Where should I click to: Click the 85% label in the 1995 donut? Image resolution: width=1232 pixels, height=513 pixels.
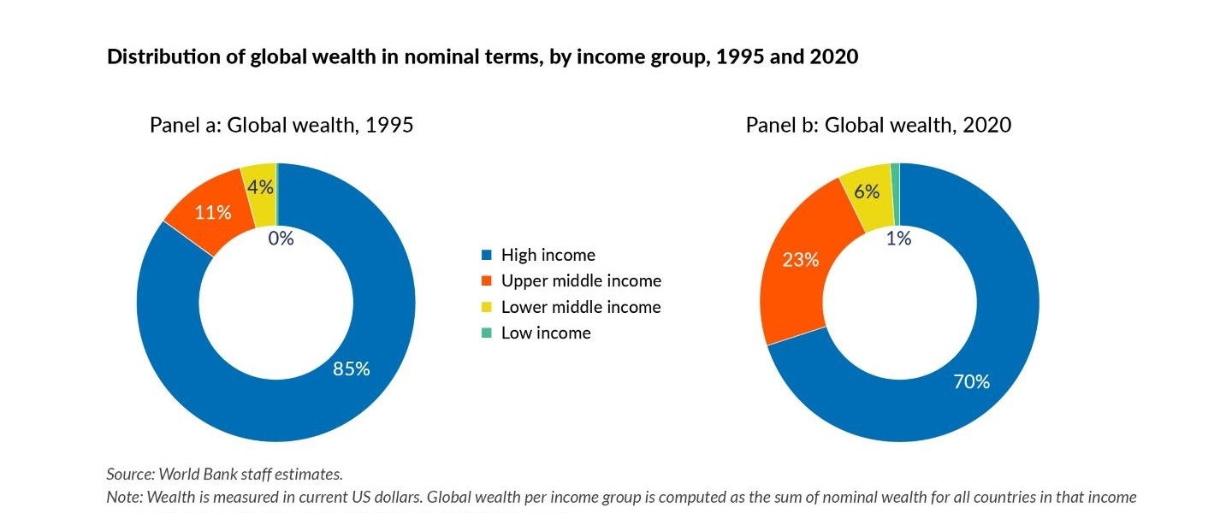[x=351, y=369]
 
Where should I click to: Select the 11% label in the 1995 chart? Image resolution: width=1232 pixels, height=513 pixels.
[x=212, y=212]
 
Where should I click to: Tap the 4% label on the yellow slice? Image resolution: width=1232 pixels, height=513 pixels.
[x=260, y=186]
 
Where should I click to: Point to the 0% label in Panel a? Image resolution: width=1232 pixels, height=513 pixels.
[x=281, y=239]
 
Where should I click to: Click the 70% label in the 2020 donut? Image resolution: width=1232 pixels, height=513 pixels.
[x=971, y=381]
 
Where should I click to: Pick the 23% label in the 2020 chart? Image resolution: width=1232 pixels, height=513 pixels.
[x=800, y=259]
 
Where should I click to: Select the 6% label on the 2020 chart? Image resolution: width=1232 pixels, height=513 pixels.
[x=867, y=192]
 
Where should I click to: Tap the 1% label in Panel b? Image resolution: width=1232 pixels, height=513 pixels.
[x=898, y=239]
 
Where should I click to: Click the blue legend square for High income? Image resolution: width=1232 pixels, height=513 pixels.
[x=487, y=255]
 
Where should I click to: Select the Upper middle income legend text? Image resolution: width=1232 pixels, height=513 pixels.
[x=581, y=280]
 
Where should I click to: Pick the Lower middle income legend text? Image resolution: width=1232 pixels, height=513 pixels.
[x=581, y=307]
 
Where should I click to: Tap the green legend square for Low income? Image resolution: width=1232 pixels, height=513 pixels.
[x=487, y=333]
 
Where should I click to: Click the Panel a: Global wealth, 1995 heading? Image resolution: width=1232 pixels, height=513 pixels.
[x=281, y=125]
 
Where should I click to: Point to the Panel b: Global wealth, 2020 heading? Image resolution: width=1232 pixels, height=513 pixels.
[x=878, y=125]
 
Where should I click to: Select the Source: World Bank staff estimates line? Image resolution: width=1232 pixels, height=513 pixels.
[x=224, y=474]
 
